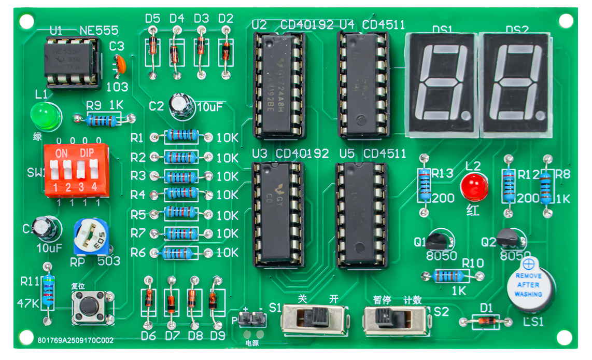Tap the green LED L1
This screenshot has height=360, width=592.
(45, 115)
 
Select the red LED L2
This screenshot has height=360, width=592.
(474, 187)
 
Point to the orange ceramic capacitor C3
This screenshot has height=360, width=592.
(120, 64)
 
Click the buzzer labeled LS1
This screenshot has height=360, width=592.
(531, 285)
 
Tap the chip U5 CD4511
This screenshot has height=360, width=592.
(362, 214)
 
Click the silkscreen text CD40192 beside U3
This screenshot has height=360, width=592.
(302, 154)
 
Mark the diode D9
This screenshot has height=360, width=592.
(213, 300)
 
